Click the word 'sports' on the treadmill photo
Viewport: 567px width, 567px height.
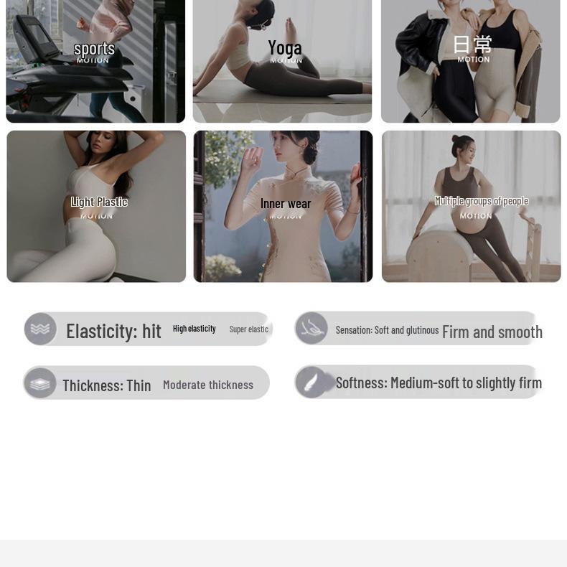pyautogui.click(x=94, y=48)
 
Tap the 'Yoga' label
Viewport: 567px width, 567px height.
pyautogui.click(x=285, y=47)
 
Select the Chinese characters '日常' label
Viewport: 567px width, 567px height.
pyautogui.click(x=472, y=44)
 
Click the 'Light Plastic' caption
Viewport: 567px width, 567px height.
pyautogui.click(x=99, y=202)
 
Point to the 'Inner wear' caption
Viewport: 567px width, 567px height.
pyautogui.click(x=286, y=204)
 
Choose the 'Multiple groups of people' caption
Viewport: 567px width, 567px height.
pyautogui.click(x=481, y=201)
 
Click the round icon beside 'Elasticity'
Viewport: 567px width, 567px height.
pyautogui.click(x=40, y=329)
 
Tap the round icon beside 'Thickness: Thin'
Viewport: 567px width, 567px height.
pyautogui.click(x=40, y=383)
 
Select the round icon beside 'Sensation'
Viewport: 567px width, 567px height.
pyautogui.click(x=311, y=328)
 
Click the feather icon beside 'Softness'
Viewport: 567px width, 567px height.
pyautogui.click(x=311, y=382)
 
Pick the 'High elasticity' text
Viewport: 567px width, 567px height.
pyautogui.click(x=194, y=329)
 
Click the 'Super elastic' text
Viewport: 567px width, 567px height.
pyautogui.click(x=248, y=329)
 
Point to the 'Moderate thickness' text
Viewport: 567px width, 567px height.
pyautogui.click(x=208, y=385)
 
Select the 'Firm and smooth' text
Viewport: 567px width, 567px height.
pyautogui.click(x=492, y=332)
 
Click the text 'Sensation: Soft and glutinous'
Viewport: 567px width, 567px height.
pyautogui.click(x=387, y=330)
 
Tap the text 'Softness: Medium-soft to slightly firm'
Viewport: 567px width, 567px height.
pyautogui.click(x=439, y=383)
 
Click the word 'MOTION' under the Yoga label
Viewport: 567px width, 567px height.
pyautogui.click(x=286, y=61)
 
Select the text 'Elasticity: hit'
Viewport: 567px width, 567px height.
pyautogui.click(x=113, y=331)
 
